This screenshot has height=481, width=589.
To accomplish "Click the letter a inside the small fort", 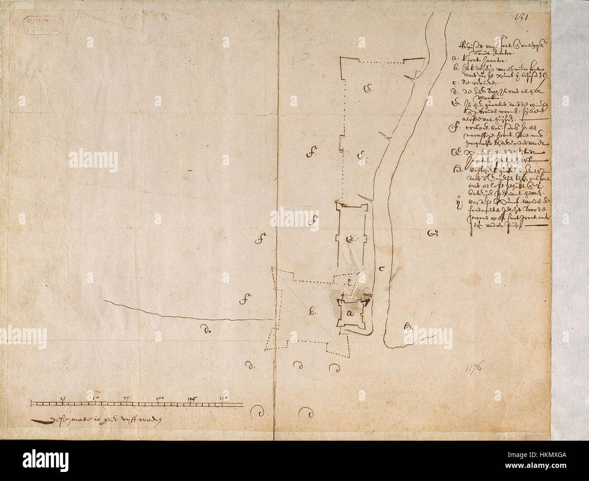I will tap(349, 313).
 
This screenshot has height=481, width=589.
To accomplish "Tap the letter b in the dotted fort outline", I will tap(312, 312).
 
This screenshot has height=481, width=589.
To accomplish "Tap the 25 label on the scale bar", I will tap(63, 398).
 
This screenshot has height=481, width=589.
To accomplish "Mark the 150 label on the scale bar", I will tap(222, 398).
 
